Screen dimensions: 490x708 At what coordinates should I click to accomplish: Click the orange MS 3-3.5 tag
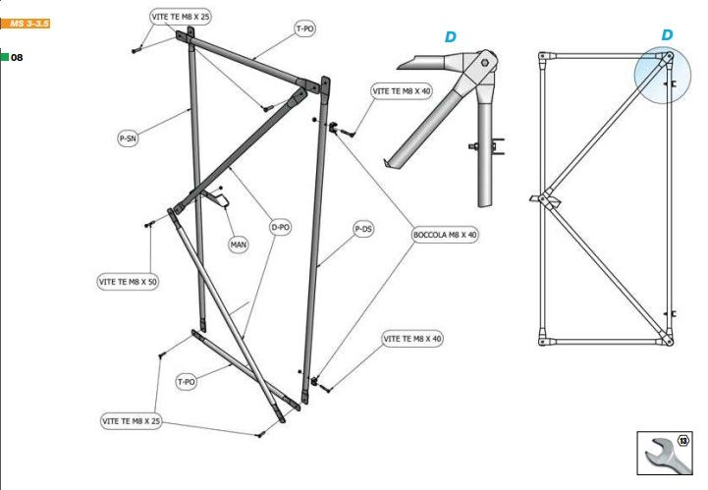pyautogui.click(x=25, y=21)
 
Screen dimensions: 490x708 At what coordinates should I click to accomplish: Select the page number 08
pyautogui.click(x=17, y=58)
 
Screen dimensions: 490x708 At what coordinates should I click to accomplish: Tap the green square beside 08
pyautogui.click(x=4, y=58)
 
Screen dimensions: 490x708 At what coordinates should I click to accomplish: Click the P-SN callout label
pyautogui.click(x=128, y=139)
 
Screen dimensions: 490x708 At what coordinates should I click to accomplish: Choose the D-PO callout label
pyautogui.click(x=281, y=227)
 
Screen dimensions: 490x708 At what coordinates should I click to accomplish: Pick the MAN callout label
pyautogui.click(x=239, y=245)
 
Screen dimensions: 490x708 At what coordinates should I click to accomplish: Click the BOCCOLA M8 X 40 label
pyautogui.click(x=444, y=236)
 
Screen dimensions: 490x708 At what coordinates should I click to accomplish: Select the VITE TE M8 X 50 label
pyautogui.click(x=128, y=281)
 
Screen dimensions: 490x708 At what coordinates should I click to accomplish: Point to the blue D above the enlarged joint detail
pyautogui.click(x=451, y=37)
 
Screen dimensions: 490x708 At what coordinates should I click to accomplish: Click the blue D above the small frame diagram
pyautogui.click(x=667, y=35)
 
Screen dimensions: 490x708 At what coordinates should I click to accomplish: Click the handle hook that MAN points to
pyautogui.click(x=222, y=200)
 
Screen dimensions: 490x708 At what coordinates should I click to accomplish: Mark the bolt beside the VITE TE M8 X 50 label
pyautogui.click(x=148, y=225)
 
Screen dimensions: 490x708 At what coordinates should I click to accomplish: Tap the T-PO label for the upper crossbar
pyautogui.click(x=305, y=30)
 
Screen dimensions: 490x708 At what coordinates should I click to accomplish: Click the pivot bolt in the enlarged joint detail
pyautogui.click(x=484, y=67)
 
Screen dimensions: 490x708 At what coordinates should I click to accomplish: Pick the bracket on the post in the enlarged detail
pyautogui.click(x=498, y=147)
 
